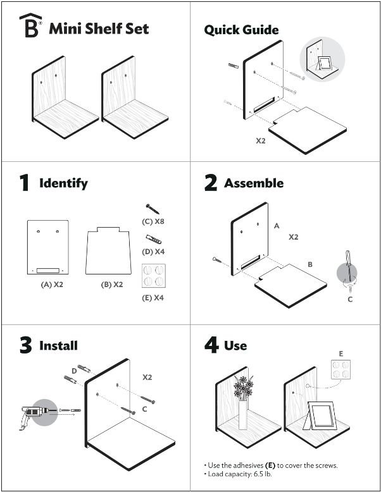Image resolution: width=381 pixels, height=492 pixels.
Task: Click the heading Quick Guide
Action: tap(241, 30)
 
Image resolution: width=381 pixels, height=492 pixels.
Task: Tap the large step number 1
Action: tap(24, 183)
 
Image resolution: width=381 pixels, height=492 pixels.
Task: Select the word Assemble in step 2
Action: tap(254, 183)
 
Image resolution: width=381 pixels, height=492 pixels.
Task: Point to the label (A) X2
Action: tap(51, 285)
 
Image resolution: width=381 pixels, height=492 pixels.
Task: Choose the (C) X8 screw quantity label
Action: tap(153, 222)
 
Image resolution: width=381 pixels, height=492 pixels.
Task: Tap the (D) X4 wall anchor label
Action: tap(153, 252)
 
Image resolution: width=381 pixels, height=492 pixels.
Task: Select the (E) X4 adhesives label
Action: tap(153, 297)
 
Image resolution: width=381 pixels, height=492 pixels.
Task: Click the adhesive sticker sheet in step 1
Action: tap(153, 276)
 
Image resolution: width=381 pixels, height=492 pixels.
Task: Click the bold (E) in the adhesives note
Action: tap(270, 465)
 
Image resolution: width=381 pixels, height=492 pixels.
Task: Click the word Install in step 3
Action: tap(58, 345)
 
